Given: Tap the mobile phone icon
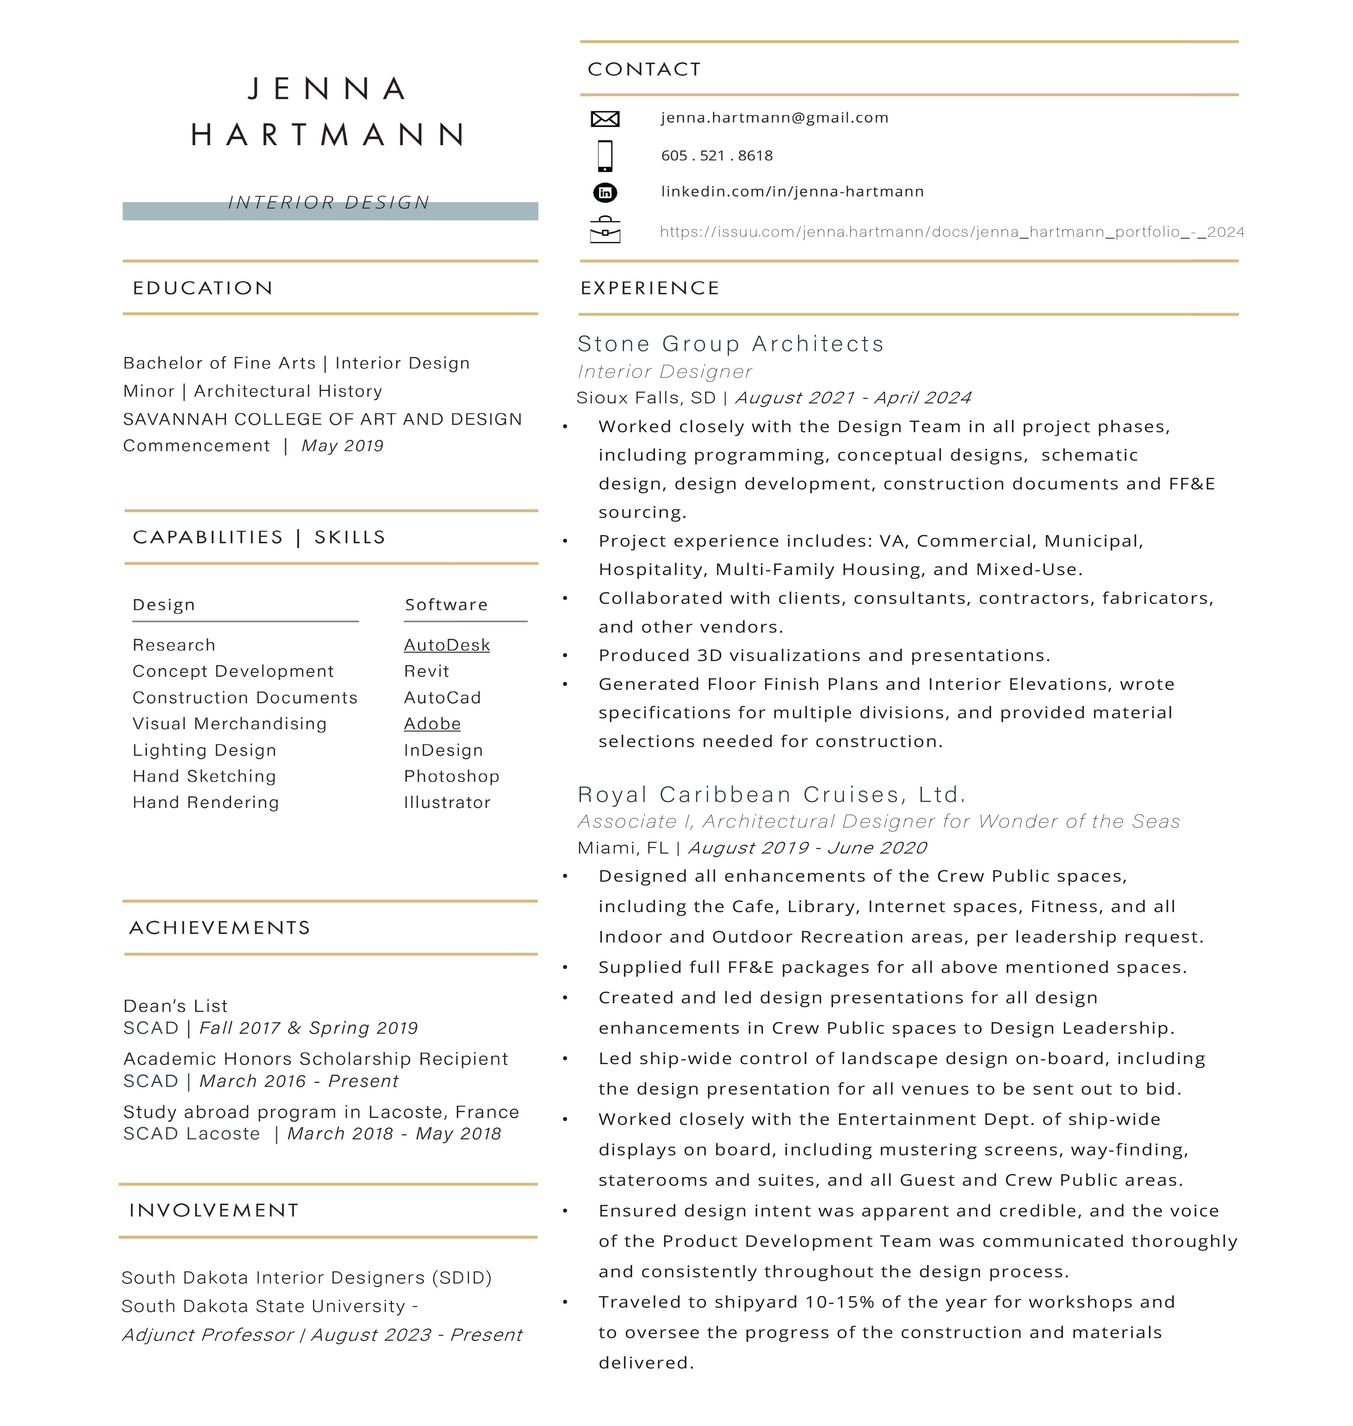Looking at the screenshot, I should coord(605,156).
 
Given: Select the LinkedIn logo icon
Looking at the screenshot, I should coord(605,193).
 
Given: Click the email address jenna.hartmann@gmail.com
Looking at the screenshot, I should coord(775,118).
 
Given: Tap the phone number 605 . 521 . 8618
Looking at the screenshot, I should coord(717,156).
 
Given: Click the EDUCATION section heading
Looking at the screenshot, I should coord(203,288).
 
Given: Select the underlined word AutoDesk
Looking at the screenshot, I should coord(447,645).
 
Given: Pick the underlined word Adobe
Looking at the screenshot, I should coord(432,723).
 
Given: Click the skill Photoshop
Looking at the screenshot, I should coord(451,776).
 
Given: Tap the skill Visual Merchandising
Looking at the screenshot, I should coord(229,723).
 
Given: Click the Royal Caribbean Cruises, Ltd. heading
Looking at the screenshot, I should coord(771,794).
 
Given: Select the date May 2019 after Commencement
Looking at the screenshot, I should coord(343,446).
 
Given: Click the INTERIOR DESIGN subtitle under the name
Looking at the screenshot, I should coord(329,203).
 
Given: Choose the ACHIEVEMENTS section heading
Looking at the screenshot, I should coord(219,927).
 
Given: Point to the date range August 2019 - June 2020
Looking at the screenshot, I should coord(807,847).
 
